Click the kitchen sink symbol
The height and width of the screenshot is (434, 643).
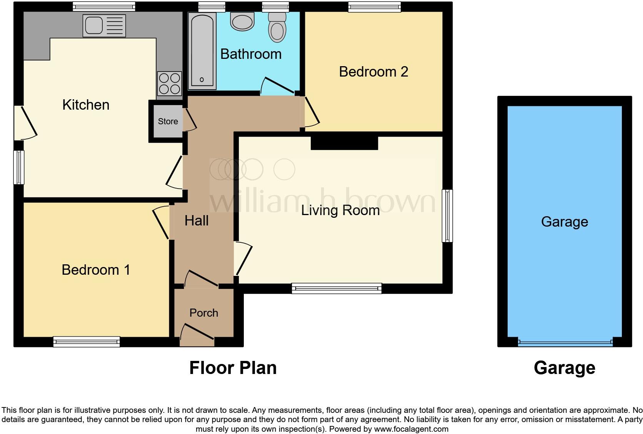point(104,26)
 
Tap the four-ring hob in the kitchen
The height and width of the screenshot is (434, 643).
point(170,83)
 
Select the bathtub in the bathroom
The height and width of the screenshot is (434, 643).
point(202,51)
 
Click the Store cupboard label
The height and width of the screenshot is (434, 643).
point(168,121)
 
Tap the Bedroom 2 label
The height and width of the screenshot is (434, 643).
point(373,72)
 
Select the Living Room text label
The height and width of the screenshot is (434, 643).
point(340,210)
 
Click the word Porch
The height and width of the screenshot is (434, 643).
point(203,313)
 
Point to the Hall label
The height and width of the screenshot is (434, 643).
point(196,220)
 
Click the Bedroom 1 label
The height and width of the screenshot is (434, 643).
point(96,270)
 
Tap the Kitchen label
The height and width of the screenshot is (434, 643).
point(86,105)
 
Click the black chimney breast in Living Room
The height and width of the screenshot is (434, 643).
point(344,143)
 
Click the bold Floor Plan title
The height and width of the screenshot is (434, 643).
point(233,368)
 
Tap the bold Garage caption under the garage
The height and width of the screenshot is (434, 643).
point(564,368)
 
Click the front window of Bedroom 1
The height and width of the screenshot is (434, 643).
point(87,341)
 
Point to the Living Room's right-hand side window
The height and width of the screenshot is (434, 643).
point(447,215)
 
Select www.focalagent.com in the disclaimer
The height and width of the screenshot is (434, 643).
point(411,429)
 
